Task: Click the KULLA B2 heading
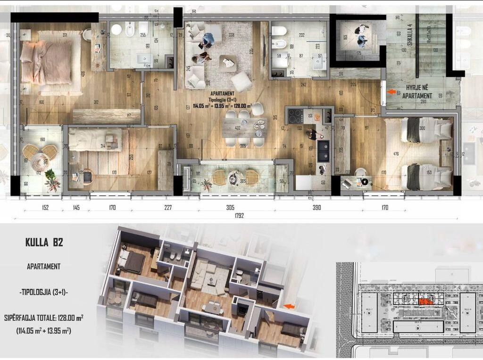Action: click(44, 243)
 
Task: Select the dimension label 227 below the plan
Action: click(168, 207)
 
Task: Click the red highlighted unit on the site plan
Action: click(425, 301)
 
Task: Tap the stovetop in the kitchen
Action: click(296, 116)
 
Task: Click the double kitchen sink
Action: click(323, 148)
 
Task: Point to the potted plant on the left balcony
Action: click(52, 180)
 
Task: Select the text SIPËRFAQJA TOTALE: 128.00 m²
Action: click(43, 318)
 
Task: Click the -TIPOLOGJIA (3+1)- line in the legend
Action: click(43, 293)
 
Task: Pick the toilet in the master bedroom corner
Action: click(87, 34)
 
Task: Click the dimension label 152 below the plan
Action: click(45, 207)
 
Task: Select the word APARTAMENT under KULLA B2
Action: click(43, 267)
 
